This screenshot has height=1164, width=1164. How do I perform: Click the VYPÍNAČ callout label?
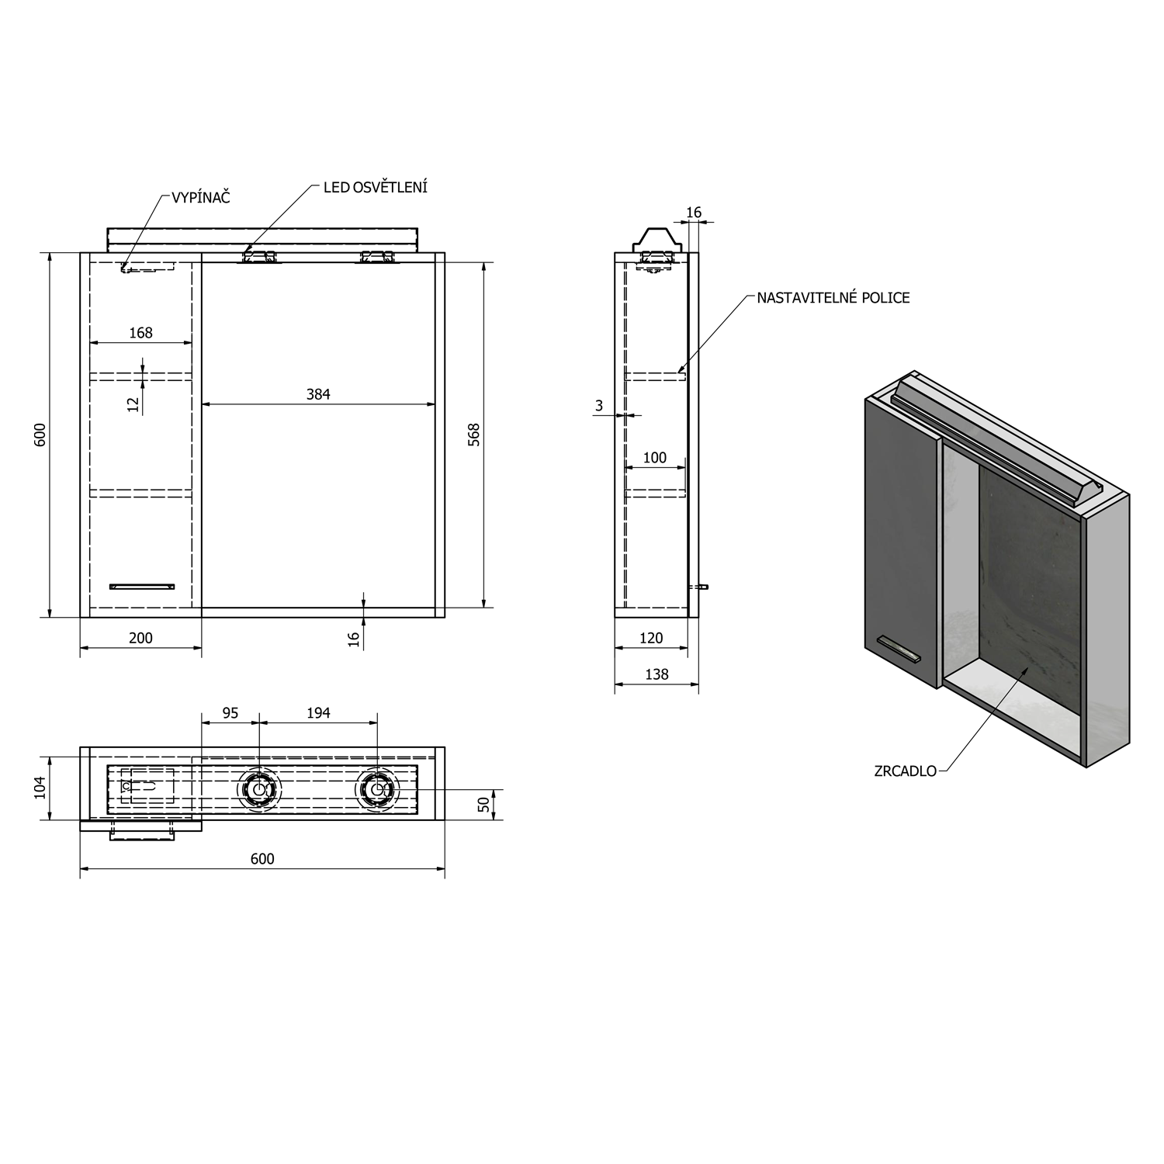200,198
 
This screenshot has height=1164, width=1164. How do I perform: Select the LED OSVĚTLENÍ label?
376,187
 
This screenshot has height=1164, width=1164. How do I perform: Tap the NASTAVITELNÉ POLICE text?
833,298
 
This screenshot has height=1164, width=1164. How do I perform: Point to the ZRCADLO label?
906,771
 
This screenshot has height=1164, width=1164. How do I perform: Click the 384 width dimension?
318,394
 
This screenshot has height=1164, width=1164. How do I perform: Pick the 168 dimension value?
141,333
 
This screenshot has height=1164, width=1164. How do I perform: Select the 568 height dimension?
474,435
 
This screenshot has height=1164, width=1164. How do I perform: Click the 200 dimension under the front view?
140,638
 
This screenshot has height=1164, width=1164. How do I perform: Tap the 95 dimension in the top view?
230,712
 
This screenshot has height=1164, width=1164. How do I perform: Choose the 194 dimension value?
318,712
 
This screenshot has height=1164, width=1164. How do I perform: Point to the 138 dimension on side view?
656,674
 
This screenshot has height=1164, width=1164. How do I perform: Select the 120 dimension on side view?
651,638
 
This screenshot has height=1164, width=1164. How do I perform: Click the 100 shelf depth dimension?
655,458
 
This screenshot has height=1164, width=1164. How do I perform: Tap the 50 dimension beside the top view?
485,805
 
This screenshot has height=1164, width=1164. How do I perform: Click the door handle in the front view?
142,587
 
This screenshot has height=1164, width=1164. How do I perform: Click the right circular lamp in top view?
378,789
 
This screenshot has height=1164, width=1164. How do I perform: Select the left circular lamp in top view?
258,789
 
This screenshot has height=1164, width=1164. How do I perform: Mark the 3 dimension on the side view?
599,406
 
